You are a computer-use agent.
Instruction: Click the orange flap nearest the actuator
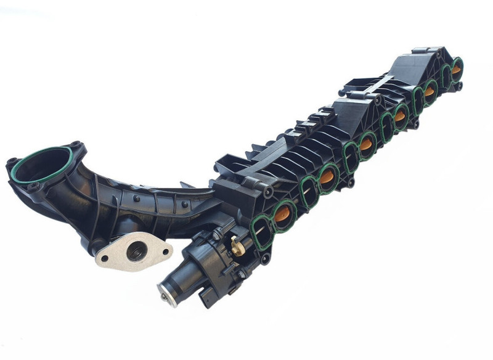pos(284,216)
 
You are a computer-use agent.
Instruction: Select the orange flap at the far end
pos(456,68)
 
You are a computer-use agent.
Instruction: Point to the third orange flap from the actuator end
pos(367,145)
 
